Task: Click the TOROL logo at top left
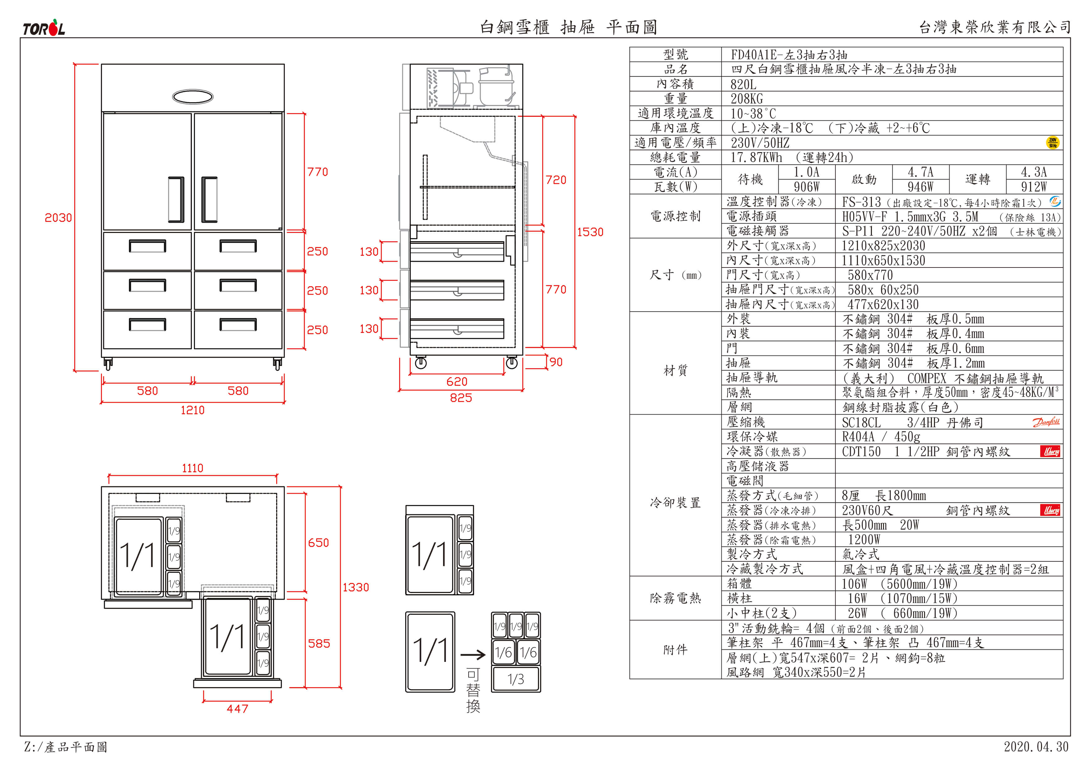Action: click(x=44, y=29)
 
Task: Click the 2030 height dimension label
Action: click(x=58, y=218)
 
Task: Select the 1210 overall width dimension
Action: click(x=192, y=410)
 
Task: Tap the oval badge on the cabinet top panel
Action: click(x=192, y=96)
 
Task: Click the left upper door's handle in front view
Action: click(x=176, y=200)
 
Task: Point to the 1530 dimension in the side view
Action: click(x=590, y=232)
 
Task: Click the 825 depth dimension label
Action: click(x=461, y=398)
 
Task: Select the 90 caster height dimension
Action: click(x=556, y=362)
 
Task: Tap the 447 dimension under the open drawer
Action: click(x=237, y=709)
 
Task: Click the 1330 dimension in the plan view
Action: click(x=356, y=588)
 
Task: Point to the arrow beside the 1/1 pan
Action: click(x=473, y=655)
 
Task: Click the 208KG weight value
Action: click(x=747, y=99)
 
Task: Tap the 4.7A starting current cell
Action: click(x=920, y=172)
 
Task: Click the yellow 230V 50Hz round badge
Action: click(x=1053, y=142)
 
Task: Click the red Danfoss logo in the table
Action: click(x=1046, y=422)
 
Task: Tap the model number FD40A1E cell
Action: click(x=789, y=55)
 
